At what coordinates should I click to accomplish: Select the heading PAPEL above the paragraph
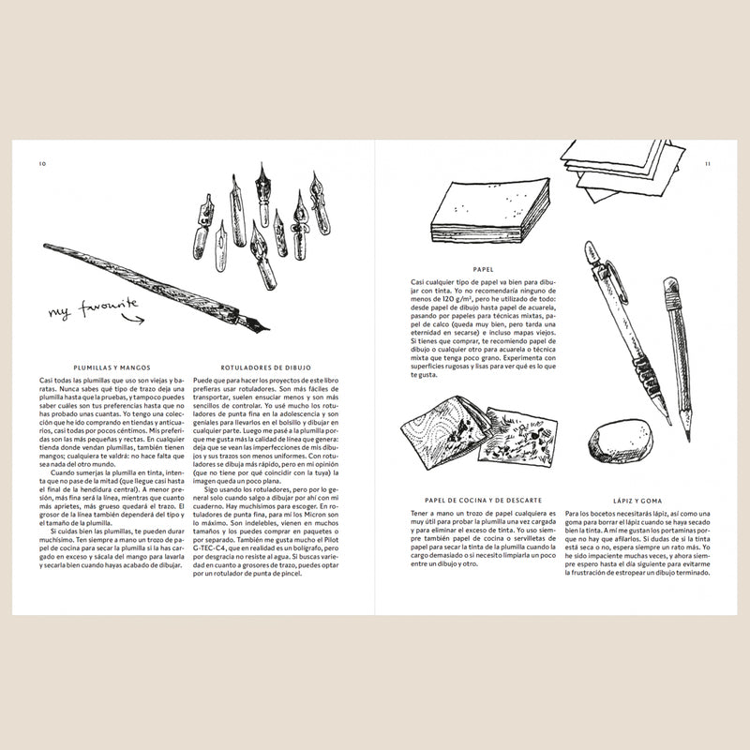pos(484,268)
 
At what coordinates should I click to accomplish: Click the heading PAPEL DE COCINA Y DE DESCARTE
pos(484,502)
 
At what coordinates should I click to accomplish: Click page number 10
pos(42,163)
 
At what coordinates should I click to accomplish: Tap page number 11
pos(708,163)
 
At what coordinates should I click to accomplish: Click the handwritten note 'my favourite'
pos(94,307)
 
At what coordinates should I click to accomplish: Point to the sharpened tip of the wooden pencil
pos(688,437)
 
